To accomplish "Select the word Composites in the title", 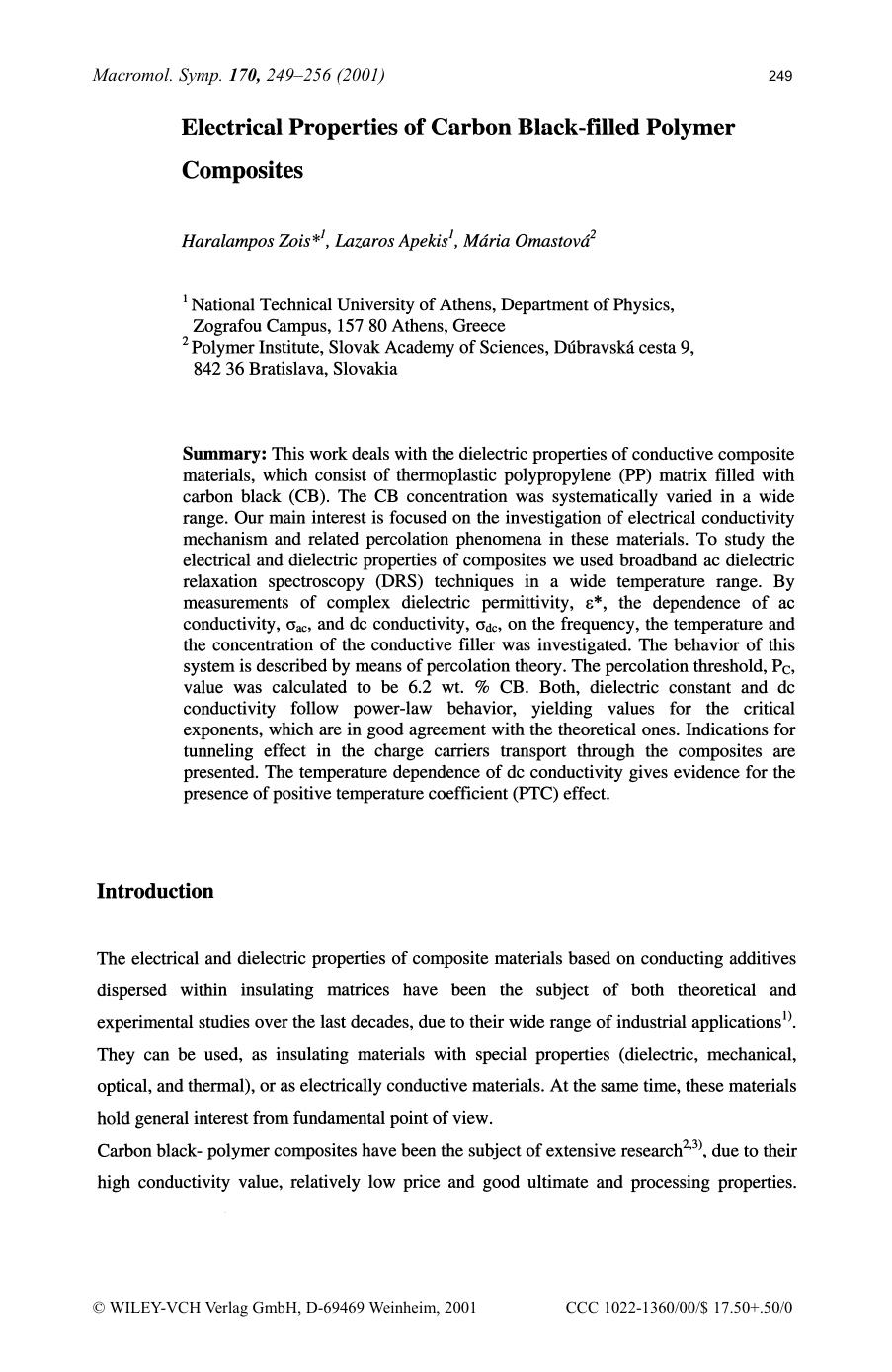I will point(242,170).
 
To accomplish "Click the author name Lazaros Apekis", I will point(391,242).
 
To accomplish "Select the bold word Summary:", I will point(224,454).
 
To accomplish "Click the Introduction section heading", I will point(155,891).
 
